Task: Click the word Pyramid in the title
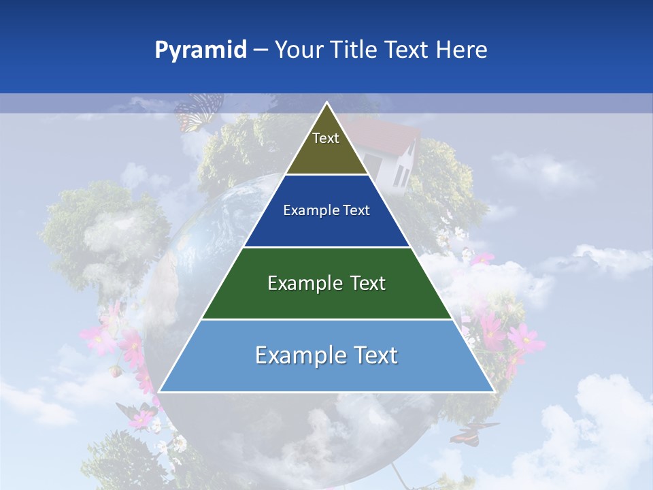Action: click(x=200, y=50)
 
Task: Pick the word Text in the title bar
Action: click(x=407, y=50)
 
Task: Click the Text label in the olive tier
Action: click(x=326, y=138)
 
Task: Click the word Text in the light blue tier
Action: click(x=375, y=355)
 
